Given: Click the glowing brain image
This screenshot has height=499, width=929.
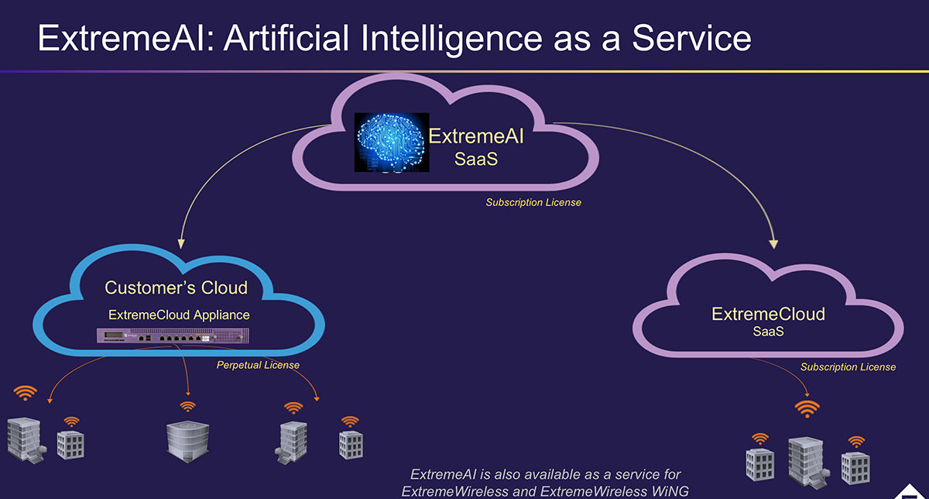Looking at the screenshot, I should click(x=391, y=142).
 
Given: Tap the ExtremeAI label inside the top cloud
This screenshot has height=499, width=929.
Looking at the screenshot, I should click(x=476, y=137).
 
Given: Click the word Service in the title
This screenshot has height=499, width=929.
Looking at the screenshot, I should click(x=691, y=37).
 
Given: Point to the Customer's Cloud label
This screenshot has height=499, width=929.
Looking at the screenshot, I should click(x=177, y=288).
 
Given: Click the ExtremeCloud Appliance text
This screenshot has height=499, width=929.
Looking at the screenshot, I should click(x=179, y=315).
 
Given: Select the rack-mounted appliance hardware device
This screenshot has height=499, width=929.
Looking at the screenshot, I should click(x=175, y=337).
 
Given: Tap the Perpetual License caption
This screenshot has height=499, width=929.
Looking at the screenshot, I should click(x=258, y=365).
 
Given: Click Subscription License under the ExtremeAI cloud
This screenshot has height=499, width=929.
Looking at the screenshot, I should click(x=533, y=203).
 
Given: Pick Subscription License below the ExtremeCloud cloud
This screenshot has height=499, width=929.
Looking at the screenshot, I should click(x=848, y=367).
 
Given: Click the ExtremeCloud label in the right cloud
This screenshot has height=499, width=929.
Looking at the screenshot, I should click(x=768, y=314).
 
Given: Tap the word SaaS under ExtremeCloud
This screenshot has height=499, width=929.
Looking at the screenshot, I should click(x=768, y=332).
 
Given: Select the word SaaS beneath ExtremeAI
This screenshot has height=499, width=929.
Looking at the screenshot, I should click(x=476, y=160).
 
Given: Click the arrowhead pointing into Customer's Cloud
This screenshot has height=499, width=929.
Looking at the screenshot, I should click(x=180, y=241).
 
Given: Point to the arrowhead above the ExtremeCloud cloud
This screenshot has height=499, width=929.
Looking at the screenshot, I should click(x=773, y=243).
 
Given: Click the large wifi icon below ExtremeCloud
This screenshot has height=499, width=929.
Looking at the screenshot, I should click(x=807, y=408).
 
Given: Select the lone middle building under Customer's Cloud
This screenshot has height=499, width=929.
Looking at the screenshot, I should click(x=184, y=437).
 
